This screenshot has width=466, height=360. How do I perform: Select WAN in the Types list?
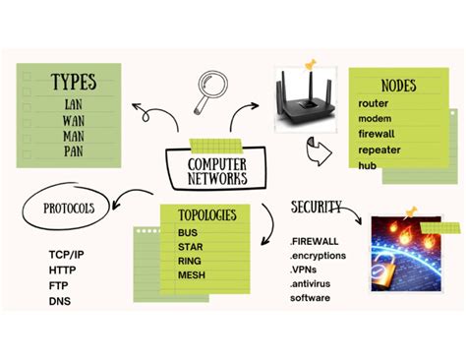click(x=74, y=121)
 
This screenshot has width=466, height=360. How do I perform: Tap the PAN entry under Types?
click(x=74, y=153)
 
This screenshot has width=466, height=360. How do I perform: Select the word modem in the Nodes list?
click(x=377, y=118)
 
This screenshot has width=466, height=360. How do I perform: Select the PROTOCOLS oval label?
click(x=69, y=208)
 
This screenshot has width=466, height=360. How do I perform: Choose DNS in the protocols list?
click(x=60, y=301)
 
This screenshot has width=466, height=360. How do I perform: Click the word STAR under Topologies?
click(x=191, y=246)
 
